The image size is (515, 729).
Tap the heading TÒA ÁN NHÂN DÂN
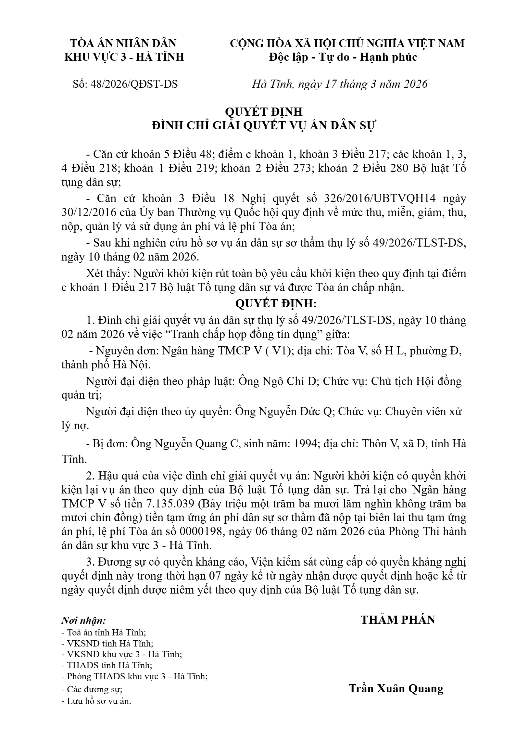tap(124, 43)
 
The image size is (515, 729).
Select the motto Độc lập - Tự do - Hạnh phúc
tap(343, 57)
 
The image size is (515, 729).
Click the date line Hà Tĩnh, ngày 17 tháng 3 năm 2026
tap(340, 84)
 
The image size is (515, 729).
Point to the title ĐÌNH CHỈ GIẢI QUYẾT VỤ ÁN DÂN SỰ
tap(264, 125)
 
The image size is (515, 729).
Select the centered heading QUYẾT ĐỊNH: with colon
tap(275, 304)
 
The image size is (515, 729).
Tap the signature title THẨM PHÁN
tap(398, 620)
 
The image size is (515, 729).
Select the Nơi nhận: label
tap(84, 621)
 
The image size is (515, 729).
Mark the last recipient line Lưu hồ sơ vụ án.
tap(96, 701)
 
